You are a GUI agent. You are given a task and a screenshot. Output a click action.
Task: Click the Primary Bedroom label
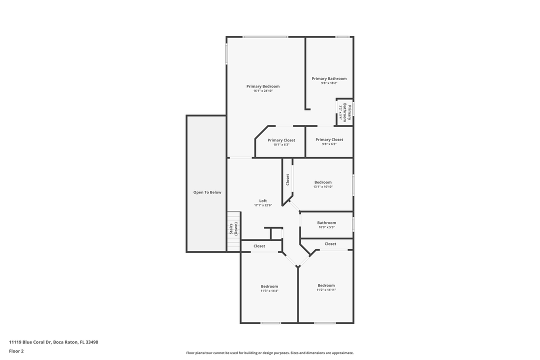point(263,86)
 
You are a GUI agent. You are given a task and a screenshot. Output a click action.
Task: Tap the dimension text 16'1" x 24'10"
point(263,91)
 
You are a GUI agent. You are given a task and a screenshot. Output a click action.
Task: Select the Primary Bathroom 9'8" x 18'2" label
point(329,78)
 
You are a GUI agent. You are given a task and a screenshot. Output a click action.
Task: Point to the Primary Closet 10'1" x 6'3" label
point(281,140)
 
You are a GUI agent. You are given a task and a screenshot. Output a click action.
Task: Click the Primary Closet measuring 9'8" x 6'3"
point(329,140)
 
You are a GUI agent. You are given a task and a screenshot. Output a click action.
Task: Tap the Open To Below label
point(207,192)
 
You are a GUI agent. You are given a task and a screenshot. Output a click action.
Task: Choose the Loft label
point(263,201)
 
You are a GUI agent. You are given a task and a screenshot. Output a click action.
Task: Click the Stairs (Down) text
point(233,229)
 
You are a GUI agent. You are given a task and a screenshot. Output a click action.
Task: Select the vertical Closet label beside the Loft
point(287,179)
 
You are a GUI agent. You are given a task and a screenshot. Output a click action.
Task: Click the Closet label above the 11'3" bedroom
point(259,246)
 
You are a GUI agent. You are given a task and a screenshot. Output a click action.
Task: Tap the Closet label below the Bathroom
point(330,244)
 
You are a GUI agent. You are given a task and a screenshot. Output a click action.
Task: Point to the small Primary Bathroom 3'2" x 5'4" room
point(344,112)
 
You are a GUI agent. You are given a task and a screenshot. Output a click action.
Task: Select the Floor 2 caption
point(16,351)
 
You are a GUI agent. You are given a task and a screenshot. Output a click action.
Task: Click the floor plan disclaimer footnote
point(269,353)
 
